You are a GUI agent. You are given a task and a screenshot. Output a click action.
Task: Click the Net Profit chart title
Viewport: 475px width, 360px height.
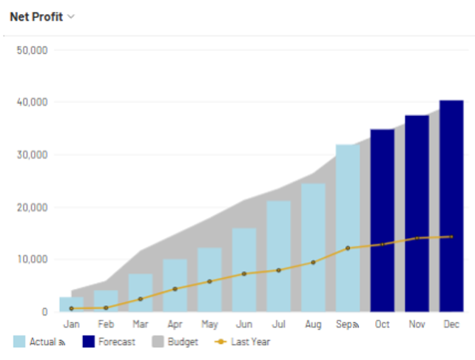pos(36,17)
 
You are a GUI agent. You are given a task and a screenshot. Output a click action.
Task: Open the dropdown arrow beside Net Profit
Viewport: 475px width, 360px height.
pos(71,17)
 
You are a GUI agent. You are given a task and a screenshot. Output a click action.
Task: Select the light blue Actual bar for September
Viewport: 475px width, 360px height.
pos(348,228)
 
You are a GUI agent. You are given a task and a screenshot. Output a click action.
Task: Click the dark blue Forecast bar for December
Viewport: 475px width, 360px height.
pos(451,206)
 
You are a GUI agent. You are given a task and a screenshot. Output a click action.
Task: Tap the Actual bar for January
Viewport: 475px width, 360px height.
pos(72,305)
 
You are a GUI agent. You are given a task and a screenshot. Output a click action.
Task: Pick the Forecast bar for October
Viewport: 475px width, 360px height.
pos(383,220)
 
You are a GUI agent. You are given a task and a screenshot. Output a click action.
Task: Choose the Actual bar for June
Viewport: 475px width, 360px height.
pos(244,270)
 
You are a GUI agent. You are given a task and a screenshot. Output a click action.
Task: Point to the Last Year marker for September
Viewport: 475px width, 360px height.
pos(348,248)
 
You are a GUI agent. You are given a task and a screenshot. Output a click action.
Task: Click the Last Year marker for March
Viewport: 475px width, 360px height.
pos(141,299)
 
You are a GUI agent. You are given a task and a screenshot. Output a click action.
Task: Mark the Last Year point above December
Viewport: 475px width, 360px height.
pos(451,237)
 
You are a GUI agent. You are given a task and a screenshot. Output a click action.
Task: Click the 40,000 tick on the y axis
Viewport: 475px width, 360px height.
pos(33,102)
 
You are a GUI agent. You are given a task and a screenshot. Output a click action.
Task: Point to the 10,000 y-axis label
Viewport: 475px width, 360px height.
pos(33,259)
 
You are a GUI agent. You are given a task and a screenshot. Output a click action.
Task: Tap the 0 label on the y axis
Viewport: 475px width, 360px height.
pos(45,312)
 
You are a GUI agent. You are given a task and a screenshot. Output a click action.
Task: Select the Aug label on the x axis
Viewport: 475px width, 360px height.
pos(313,325)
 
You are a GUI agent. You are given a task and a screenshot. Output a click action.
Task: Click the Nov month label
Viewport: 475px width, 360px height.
pos(417,325)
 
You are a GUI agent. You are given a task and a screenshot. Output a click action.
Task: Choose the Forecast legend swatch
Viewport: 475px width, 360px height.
pos(89,342)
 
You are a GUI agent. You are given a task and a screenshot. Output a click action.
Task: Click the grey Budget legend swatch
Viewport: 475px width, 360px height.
pos(158,342)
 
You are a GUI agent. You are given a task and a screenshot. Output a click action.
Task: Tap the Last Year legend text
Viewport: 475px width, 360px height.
pos(251,342)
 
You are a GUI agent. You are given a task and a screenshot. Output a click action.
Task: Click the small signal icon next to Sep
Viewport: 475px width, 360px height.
pos(356,325)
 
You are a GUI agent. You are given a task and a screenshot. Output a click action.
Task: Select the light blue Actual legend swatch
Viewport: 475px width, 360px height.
pos(19,342)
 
